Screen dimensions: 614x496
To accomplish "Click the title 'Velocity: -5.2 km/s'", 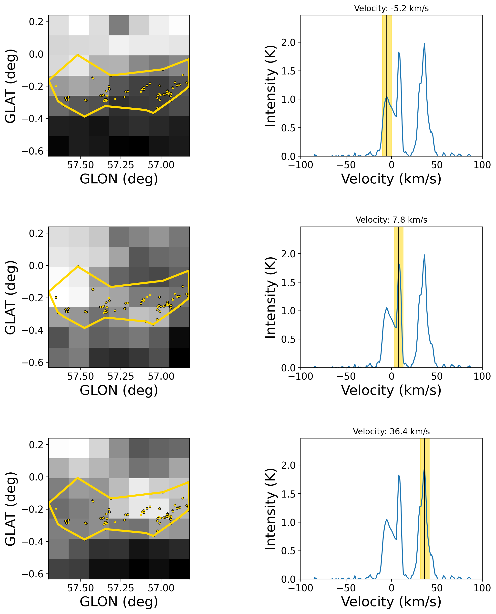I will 391,9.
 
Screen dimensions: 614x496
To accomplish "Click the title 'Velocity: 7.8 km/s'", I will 391,220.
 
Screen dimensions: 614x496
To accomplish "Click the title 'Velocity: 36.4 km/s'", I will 391,431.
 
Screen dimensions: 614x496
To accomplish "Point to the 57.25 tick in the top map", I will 121,165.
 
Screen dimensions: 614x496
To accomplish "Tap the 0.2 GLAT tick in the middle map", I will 36,233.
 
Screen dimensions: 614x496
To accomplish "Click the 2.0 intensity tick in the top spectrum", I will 288,42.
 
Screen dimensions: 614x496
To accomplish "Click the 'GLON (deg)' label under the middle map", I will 119,390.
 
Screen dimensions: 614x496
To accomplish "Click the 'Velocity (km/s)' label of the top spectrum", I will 391,179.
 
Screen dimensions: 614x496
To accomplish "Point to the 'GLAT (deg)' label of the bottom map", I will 10,509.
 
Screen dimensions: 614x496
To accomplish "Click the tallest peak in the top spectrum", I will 424,44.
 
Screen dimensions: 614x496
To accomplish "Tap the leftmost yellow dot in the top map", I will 56,86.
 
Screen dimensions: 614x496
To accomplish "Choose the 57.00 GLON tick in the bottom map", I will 161,588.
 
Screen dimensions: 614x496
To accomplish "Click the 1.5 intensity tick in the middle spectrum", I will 288,282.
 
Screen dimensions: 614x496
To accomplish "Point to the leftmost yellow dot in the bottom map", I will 56,509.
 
